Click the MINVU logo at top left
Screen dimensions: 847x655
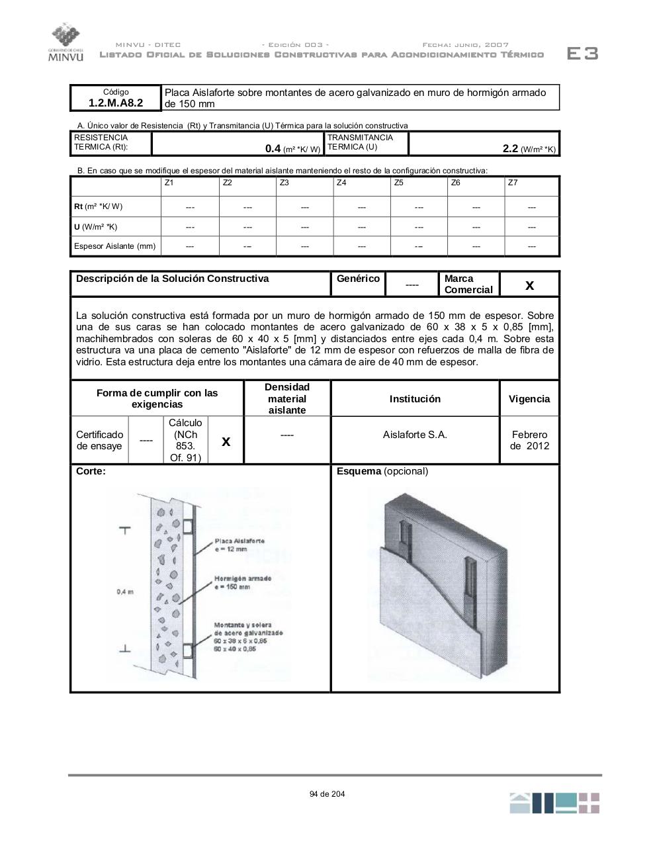point(65,42)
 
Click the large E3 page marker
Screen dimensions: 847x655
point(582,54)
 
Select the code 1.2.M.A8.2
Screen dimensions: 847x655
point(116,103)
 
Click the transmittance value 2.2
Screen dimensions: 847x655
point(510,149)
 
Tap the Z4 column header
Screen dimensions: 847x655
point(341,183)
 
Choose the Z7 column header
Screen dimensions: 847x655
point(513,183)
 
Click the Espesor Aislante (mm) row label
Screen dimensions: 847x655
point(115,246)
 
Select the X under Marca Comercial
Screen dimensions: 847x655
point(529,285)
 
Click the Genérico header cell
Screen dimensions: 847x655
point(358,279)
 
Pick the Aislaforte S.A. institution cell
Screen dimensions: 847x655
point(415,435)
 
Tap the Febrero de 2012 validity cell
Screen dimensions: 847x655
point(529,440)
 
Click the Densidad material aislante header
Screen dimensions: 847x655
point(287,398)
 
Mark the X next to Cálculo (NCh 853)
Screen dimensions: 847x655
point(226,441)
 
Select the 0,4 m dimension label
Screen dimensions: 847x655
point(125,592)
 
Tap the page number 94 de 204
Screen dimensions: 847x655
point(327,794)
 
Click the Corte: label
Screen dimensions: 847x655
point(91,472)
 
